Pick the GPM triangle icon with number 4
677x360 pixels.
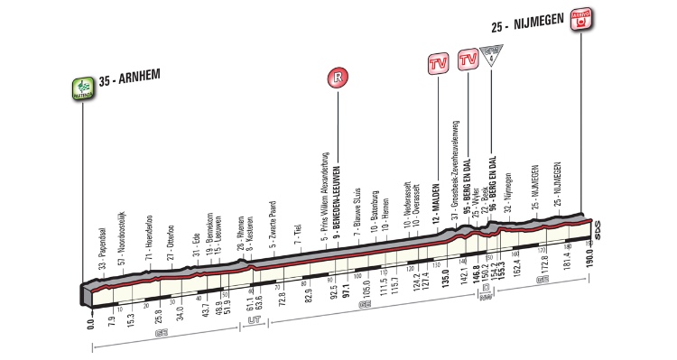click(x=491, y=53)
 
